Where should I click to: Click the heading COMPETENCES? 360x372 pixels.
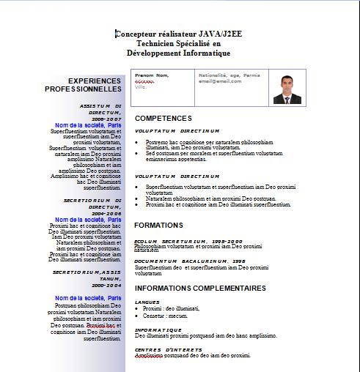click(x=164, y=118)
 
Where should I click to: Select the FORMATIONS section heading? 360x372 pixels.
click(x=159, y=225)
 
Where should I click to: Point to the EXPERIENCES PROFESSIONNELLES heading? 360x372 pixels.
click(x=94, y=84)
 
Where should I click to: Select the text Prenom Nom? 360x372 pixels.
click(x=152, y=75)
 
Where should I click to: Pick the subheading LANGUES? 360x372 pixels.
click(x=147, y=302)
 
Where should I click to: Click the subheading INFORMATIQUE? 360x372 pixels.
click(x=158, y=330)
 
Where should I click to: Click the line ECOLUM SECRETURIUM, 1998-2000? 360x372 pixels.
click(x=188, y=241)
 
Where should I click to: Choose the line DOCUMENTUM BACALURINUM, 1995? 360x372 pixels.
click(x=190, y=261)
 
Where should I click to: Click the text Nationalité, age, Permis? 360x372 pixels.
click(x=229, y=75)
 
